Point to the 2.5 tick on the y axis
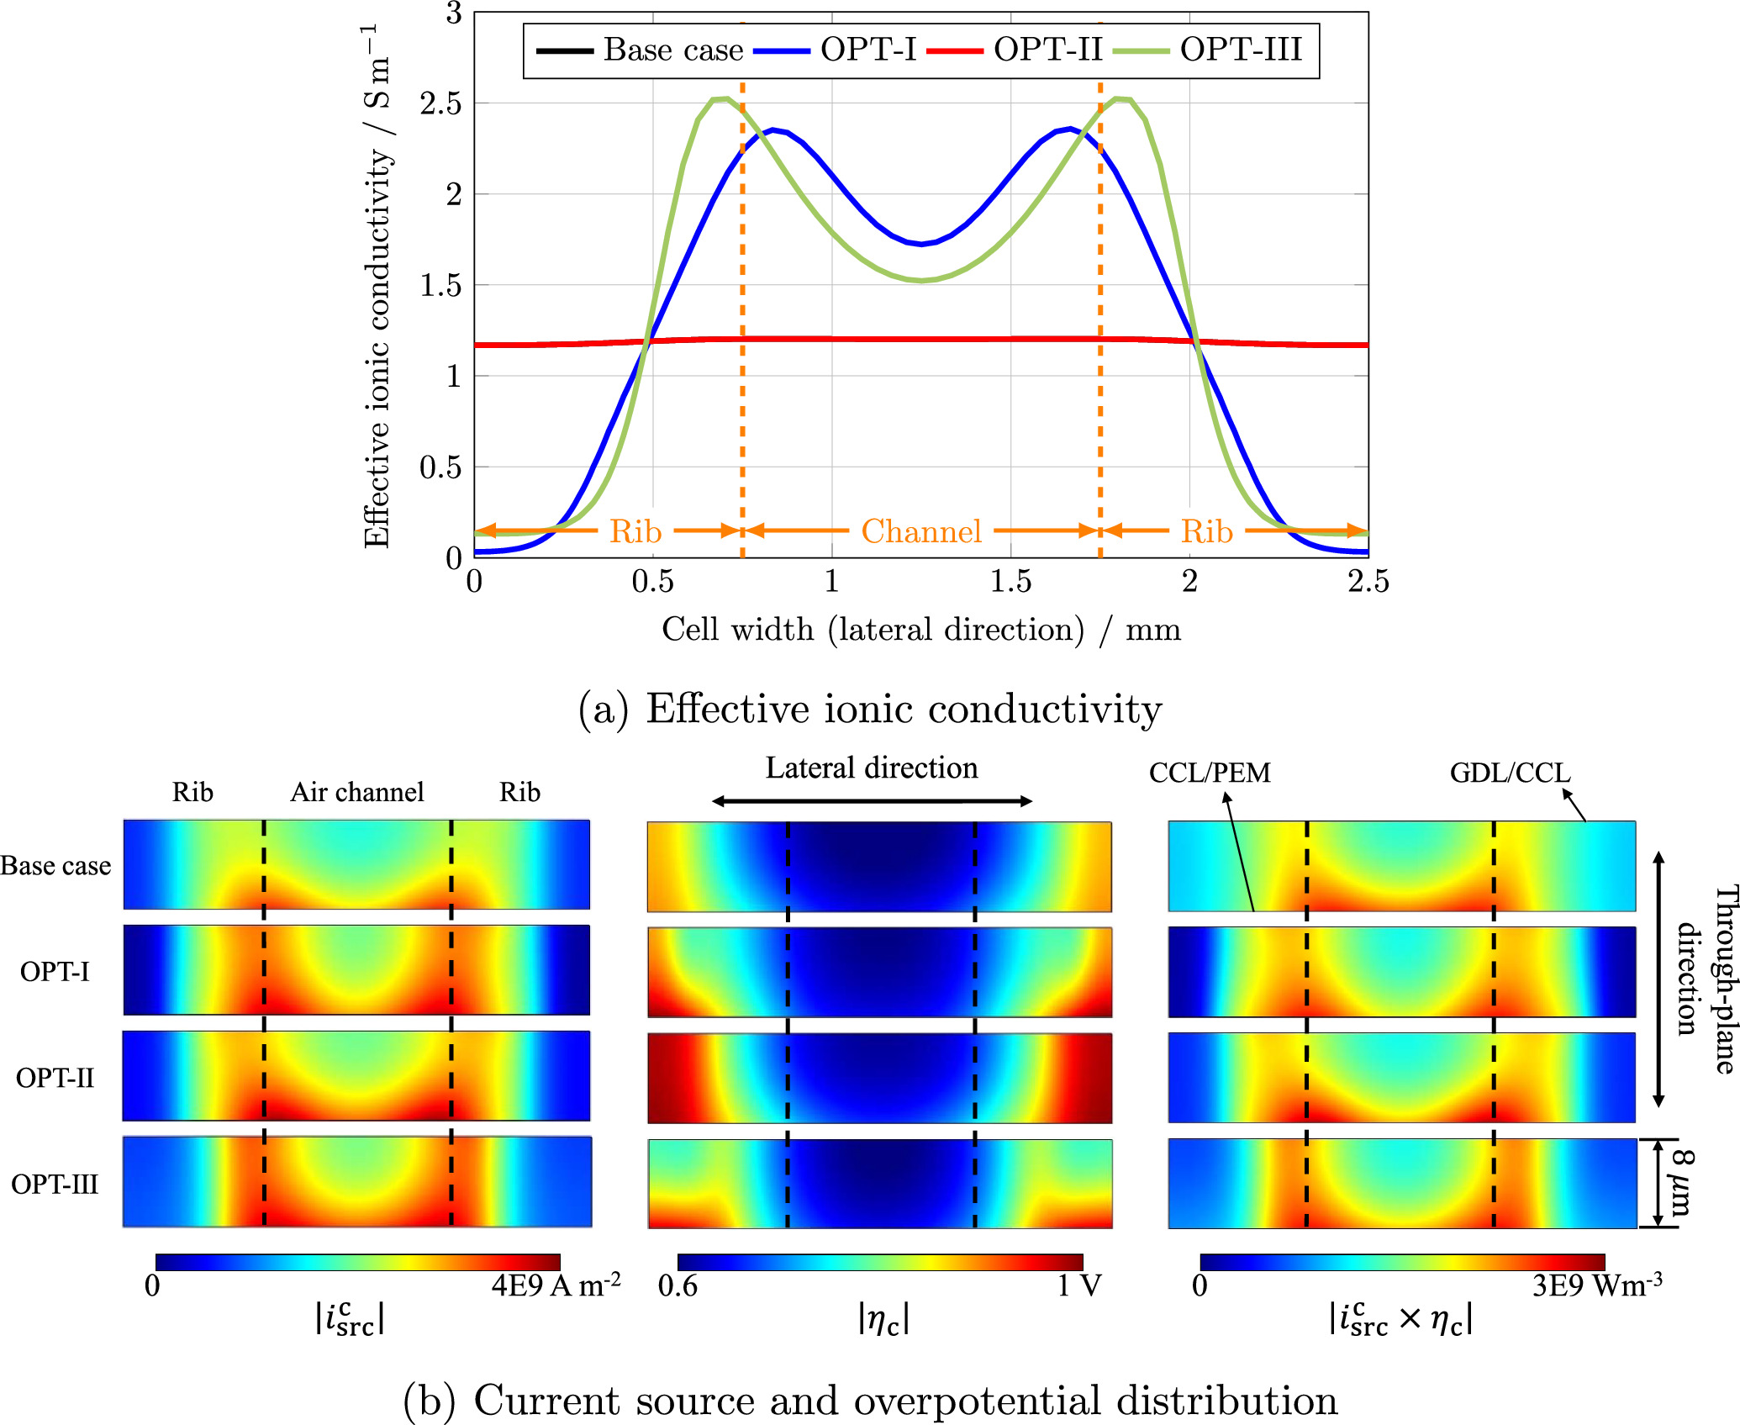point(441,104)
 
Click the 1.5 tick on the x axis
point(1010,581)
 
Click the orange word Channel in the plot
point(921,531)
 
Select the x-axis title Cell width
point(920,629)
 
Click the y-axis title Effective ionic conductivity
point(377,286)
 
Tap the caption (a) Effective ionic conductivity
point(870,709)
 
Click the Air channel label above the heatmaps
point(357,792)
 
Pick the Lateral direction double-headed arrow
point(872,801)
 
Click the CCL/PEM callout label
point(1210,773)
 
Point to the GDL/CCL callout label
point(1510,773)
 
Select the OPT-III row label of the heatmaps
point(55,1184)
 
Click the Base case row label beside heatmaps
point(55,866)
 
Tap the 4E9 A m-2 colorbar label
point(556,1285)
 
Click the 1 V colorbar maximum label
point(1079,1285)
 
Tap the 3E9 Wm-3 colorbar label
point(1596,1285)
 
